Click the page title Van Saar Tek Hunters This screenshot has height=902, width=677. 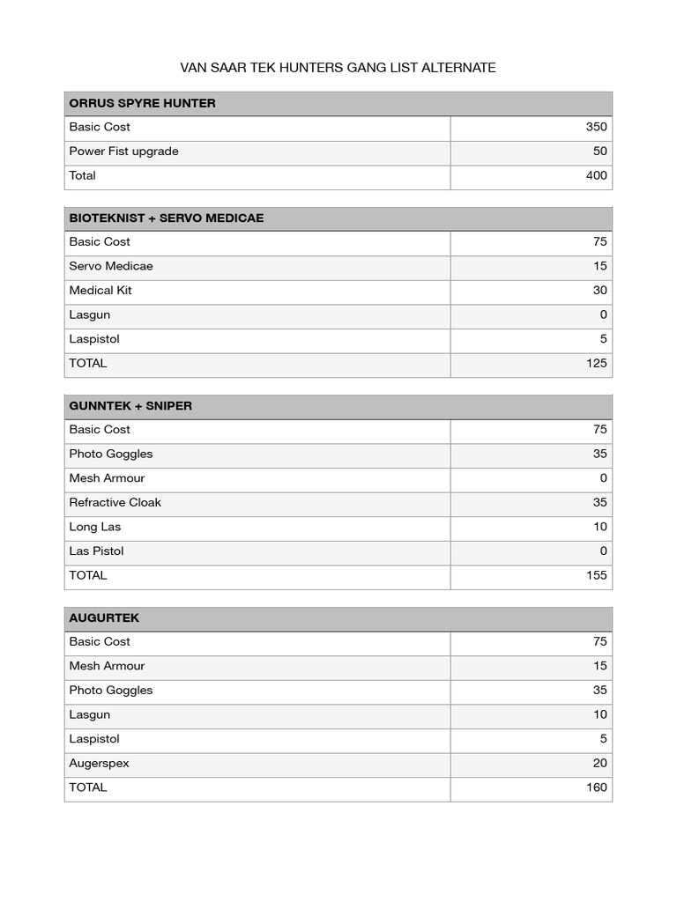(338, 68)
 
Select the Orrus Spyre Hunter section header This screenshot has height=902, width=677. (142, 103)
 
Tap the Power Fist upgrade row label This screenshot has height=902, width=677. (123, 152)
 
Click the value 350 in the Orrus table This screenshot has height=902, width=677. (596, 127)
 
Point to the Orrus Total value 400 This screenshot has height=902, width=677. (596, 175)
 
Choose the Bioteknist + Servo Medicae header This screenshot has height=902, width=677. (167, 218)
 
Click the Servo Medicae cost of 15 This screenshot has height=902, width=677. (599, 266)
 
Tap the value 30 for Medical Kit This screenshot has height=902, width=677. (599, 291)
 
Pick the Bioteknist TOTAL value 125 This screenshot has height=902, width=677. (596, 363)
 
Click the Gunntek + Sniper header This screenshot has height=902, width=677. (130, 406)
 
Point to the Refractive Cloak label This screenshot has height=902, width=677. (115, 503)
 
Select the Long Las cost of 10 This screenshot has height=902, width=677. (599, 527)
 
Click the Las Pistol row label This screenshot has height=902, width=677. (96, 551)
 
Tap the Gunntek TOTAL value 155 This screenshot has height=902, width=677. (596, 575)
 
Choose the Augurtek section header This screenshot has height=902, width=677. (104, 618)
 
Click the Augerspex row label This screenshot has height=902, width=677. (99, 764)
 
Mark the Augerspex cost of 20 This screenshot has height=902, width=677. (599, 764)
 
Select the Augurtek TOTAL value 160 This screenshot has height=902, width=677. (596, 787)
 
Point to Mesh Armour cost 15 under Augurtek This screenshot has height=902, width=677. (599, 667)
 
